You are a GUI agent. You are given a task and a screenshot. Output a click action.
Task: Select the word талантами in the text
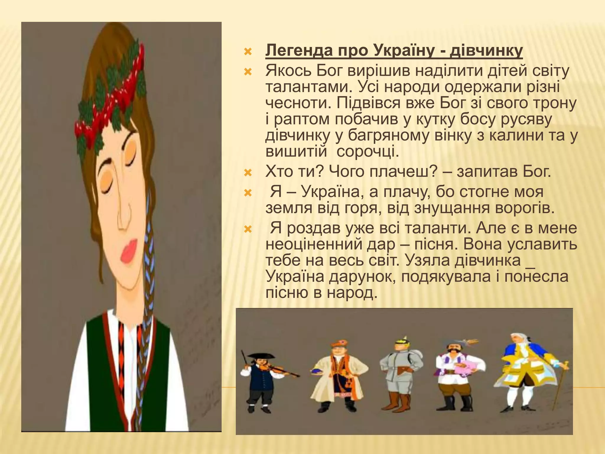(305, 87)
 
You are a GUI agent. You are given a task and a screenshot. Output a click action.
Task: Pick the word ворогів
(524, 208)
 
